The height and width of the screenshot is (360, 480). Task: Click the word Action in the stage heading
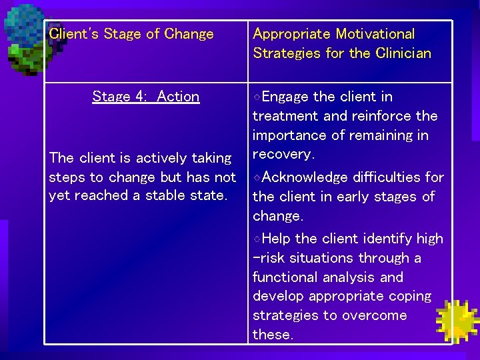tap(178, 97)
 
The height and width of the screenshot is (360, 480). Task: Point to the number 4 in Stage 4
tap(141, 97)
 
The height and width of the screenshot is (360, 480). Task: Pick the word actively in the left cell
tap(161, 158)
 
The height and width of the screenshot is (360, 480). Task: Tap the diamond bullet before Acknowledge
tap(257, 177)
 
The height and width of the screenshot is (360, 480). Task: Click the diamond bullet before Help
tap(257, 239)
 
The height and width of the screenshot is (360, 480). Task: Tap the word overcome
tap(375, 315)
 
